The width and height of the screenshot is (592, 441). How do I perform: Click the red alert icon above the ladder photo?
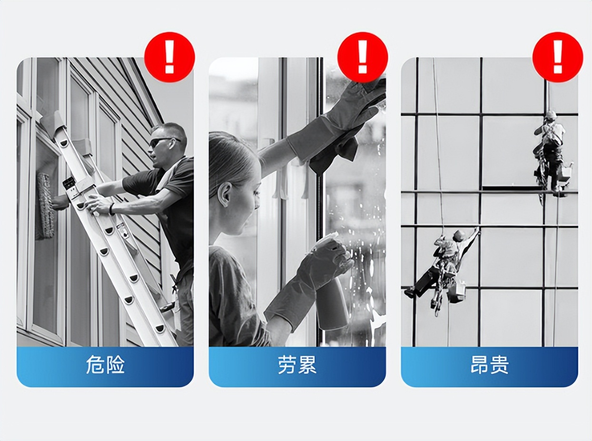(x=169, y=57)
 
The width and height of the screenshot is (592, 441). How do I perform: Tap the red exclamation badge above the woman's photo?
(x=363, y=57)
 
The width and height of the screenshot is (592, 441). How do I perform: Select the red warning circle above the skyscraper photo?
(x=558, y=57)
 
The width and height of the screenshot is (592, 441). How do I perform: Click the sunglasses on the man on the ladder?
(x=163, y=141)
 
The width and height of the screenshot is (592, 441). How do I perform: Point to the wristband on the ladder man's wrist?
(x=111, y=209)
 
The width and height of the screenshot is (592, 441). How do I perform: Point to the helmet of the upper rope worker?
(x=551, y=114)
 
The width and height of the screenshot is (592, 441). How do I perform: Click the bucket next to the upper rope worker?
(x=566, y=171)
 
